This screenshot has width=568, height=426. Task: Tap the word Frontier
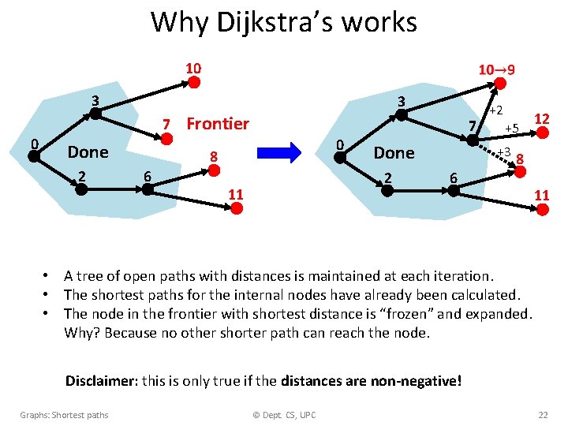point(217,123)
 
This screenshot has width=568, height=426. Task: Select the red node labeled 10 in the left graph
point(194,82)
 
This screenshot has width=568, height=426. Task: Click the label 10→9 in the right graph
point(497,69)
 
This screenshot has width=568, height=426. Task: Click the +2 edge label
point(495,110)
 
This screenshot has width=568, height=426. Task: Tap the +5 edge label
point(512,128)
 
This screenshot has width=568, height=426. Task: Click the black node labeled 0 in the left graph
point(33,155)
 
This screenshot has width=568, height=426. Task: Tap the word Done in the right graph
point(394,152)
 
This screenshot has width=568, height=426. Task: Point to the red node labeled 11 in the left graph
point(235,207)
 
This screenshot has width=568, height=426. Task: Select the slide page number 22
point(542,415)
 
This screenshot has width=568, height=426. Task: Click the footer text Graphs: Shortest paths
point(65,415)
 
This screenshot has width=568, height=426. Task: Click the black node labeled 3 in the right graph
point(401,115)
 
